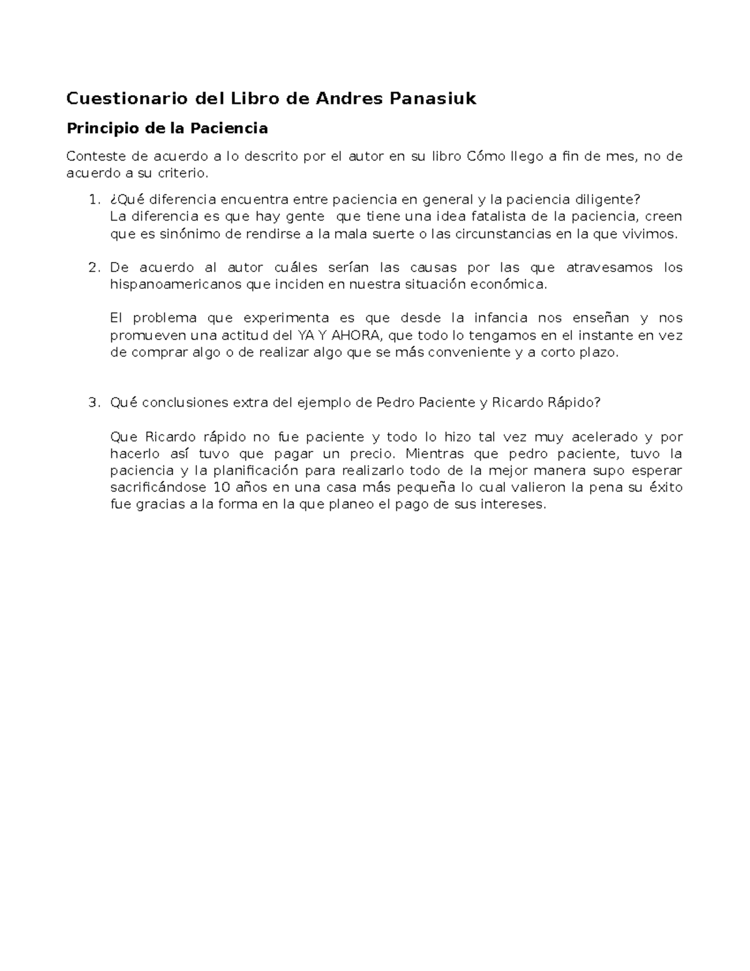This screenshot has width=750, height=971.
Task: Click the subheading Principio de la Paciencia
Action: (167, 128)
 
